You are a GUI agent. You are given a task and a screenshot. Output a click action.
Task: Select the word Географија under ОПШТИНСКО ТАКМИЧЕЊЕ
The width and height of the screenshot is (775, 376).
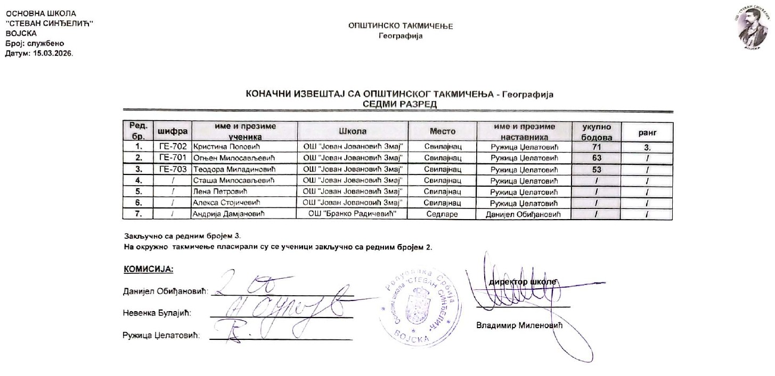400,36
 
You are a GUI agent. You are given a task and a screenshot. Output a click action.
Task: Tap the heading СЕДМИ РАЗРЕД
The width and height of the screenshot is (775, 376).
399,104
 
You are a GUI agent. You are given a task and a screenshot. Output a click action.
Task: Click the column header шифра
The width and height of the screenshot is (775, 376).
172,131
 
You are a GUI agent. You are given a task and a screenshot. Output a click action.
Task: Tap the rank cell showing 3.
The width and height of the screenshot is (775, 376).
648,146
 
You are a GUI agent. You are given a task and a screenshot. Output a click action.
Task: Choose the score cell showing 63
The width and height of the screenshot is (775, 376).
597,157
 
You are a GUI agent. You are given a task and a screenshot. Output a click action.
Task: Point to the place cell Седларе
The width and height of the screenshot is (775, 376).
442,214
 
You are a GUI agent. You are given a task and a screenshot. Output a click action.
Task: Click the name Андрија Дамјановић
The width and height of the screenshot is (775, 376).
229,214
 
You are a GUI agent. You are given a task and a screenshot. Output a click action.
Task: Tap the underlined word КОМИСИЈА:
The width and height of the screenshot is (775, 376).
149,270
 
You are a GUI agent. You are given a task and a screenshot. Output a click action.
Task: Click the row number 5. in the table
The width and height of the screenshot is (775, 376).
138,191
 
